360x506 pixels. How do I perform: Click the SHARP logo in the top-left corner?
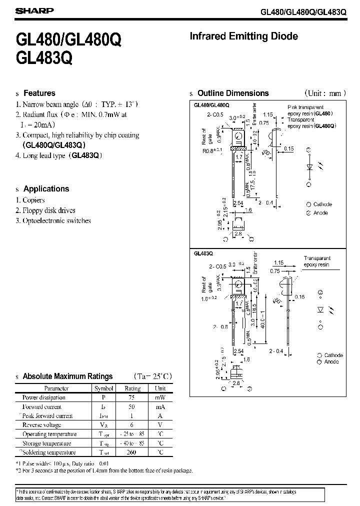pos(28,10)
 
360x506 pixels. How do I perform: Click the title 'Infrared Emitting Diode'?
pos(244,36)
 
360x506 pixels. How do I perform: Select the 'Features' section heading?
pos(39,93)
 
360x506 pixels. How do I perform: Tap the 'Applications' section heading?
pos(46,189)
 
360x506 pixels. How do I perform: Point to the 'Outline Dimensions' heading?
pos(233,93)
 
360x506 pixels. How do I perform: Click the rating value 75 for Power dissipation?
pos(132,397)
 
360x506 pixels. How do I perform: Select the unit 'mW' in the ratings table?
pos(160,397)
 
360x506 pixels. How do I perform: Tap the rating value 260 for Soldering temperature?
pos(132,452)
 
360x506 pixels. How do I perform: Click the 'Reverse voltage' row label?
pos(42,425)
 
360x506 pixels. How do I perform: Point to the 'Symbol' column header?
pos(103,388)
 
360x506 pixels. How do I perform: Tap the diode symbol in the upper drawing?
pos(308,167)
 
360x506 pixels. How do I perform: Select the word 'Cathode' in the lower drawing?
pos(333,355)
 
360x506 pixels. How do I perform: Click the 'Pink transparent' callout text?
pos(305,107)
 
